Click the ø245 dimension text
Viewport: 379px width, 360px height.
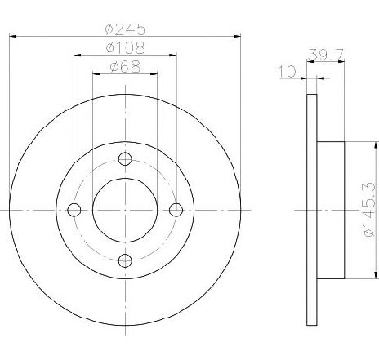click(x=125, y=28)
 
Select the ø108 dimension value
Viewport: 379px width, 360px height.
click(x=125, y=48)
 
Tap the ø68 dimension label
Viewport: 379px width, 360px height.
click(x=125, y=68)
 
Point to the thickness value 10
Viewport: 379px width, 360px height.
click(x=287, y=72)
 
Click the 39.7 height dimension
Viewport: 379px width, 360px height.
click(x=321, y=55)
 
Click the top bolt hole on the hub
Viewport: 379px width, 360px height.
click(x=125, y=159)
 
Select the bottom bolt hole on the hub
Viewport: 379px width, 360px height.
click(x=125, y=260)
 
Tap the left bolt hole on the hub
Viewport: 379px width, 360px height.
click(x=74, y=210)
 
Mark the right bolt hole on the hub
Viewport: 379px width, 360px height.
click(x=176, y=210)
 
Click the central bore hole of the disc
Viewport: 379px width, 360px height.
click(x=125, y=210)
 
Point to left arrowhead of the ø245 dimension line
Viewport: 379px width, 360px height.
click(x=11, y=36)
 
